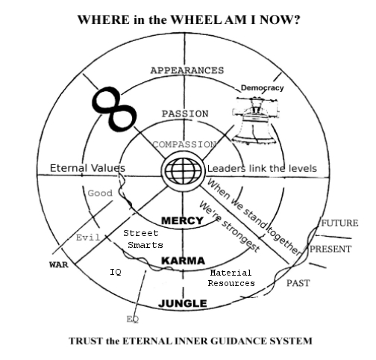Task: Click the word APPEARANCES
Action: coord(187,70)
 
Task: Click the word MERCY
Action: coord(184,221)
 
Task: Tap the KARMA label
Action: coord(184,261)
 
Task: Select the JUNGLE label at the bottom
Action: coord(183,303)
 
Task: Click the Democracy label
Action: coord(262,88)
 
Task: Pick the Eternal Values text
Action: coord(87,168)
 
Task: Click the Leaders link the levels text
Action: coord(262,168)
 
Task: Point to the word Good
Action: coord(100,193)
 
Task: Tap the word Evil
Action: coord(88,238)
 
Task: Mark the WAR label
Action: coord(58,265)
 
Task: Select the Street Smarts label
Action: coord(141,239)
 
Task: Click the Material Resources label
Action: coord(231,278)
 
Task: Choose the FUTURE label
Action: coord(339,223)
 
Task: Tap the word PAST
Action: coord(298,283)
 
